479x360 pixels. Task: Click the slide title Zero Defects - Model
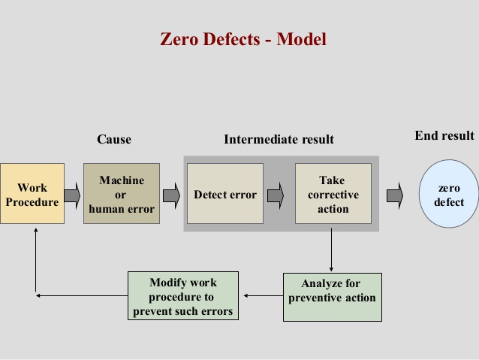243,39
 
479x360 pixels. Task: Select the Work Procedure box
32,195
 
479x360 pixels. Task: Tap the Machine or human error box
122,195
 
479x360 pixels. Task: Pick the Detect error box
225,195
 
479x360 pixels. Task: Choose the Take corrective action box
333,194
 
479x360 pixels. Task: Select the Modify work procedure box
184,296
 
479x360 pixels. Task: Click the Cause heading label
114,139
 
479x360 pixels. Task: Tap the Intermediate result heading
279,139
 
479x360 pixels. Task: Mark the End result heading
444,135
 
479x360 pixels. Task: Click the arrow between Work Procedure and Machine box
73,195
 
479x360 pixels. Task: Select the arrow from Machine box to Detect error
172,195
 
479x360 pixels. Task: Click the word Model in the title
302,39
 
